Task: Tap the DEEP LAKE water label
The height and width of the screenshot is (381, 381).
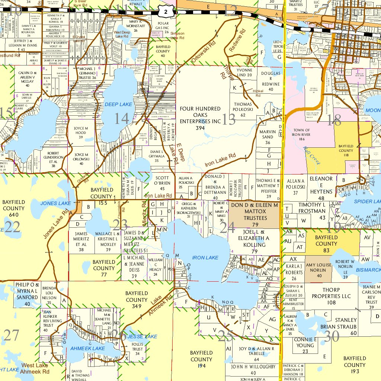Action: [x=118, y=105]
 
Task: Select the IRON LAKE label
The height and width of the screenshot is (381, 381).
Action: [x=205, y=257]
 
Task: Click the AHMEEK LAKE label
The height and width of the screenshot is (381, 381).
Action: [x=88, y=348]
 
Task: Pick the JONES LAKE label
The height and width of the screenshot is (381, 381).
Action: [x=55, y=203]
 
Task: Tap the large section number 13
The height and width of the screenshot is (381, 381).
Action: [x=229, y=120]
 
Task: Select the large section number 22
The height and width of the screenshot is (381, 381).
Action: [x=12, y=227]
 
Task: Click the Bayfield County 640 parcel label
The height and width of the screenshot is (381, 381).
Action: [x=14, y=208]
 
